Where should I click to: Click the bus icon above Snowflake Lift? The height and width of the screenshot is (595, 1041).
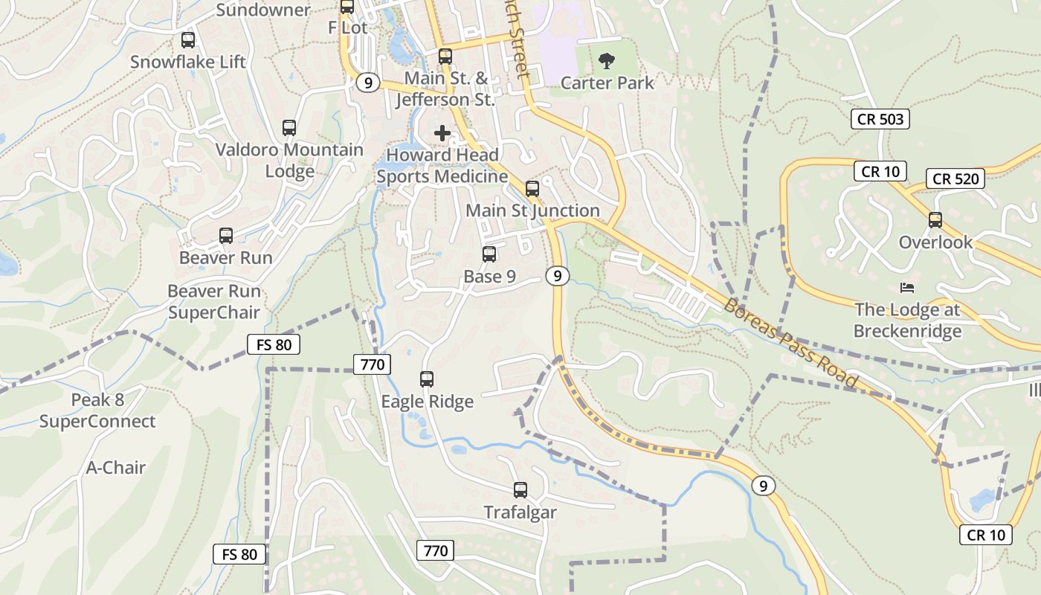coord(188,40)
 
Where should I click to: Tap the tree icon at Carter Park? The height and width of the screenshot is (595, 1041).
coord(607,60)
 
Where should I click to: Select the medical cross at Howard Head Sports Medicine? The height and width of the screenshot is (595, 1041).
coord(442,133)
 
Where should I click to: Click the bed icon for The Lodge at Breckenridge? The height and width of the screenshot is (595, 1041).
coord(906,288)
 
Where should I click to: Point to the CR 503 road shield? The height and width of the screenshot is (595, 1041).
coord(880,118)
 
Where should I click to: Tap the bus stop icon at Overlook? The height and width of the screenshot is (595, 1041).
coord(935,220)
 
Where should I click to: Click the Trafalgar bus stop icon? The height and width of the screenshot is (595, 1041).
coord(520,490)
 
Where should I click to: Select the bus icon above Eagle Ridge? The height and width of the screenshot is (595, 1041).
coord(427,379)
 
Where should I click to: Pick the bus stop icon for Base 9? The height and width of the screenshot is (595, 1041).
coord(489,254)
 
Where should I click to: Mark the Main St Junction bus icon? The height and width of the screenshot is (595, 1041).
coord(532,189)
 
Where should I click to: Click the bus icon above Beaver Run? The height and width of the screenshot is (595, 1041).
coord(226,236)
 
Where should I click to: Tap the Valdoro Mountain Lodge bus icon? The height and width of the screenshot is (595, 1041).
coord(289,128)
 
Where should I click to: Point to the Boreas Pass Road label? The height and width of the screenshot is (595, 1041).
coord(791,343)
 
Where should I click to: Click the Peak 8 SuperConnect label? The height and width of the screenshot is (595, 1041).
coord(97,411)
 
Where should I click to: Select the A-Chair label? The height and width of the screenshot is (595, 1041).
coord(116,468)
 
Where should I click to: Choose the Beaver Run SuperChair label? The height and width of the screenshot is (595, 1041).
coord(214,301)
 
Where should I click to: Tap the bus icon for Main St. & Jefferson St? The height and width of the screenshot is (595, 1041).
coord(445,56)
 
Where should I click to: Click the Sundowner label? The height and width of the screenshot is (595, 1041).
coord(262,10)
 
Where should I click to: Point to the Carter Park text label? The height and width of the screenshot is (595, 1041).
coord(607,83)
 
